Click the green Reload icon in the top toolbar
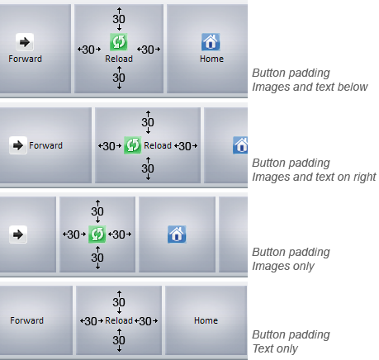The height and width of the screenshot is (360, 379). click(x=119, y=42)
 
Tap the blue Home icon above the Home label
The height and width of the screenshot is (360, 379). click(x=211, y=42)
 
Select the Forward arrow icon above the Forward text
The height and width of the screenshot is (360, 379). click(x=25, y=42)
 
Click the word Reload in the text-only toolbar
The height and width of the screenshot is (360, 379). click(x=119, y=320)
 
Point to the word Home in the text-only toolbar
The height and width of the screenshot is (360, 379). click(x=206, y=320)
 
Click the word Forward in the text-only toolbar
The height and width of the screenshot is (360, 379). click(x=26, y=320)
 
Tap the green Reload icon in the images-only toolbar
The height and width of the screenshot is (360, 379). click(x=97, y=234)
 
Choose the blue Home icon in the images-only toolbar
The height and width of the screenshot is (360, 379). click(x=177, y=234)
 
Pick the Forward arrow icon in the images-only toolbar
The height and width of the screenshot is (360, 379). click(x=18, y=234)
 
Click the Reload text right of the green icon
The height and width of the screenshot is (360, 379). click(x=158, y=145)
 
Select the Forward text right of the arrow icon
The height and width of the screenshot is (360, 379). click(x=45, y=145)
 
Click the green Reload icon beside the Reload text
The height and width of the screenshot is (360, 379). click(x=133, y=145)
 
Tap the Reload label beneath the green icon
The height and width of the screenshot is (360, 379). click(x=119, y=59)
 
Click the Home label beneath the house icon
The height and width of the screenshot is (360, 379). click(x=211, y=59)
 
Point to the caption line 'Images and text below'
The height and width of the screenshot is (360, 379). click(x=310, y=87)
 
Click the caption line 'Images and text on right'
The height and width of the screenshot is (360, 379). click(x=314, y=177)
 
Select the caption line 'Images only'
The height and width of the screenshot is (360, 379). click(x=283, y=266)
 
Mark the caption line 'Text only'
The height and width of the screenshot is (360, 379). click(x=275, y=348)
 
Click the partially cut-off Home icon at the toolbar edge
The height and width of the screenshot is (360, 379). click(x=240, y=145)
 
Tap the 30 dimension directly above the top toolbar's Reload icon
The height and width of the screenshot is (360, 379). click(x=119, y=19)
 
